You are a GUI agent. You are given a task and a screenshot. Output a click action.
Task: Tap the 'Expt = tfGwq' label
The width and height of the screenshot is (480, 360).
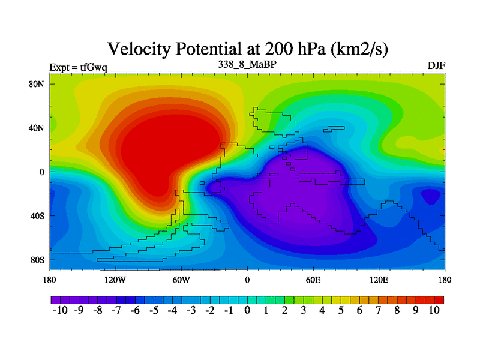[x=78, y=67]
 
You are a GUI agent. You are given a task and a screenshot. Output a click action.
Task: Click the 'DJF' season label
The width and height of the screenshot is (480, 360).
[x=436, y=65]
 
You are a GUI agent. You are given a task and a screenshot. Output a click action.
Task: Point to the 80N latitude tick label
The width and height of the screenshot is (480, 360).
[x=37, y=84]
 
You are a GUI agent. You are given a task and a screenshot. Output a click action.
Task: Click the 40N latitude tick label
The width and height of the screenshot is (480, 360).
[x=37, y=128]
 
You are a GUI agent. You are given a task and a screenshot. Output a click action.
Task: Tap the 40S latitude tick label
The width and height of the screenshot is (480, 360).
[x=37, y=215]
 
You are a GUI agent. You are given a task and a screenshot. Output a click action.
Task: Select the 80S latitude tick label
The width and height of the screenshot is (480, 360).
[x=37, y=260]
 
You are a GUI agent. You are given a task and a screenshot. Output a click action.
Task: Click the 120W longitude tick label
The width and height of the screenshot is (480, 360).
[x=115, y=280]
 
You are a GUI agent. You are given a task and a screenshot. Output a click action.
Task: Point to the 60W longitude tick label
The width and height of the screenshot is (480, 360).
[x=181, y=280]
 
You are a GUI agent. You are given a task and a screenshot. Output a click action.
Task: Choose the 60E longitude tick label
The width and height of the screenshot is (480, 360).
[x=313, y=280]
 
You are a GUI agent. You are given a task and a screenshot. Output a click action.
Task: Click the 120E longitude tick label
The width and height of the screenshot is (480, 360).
[x=379, y=280]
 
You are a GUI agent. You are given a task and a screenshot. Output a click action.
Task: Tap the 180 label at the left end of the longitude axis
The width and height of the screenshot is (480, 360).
[x=50, y=280]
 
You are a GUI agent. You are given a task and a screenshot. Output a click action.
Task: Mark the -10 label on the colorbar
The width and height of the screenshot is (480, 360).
[x=61, y=310]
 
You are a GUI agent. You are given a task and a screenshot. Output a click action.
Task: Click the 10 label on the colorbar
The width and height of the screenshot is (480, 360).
[x=434, y=310]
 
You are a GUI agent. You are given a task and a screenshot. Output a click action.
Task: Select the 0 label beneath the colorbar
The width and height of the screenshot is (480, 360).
[x=247, y=310]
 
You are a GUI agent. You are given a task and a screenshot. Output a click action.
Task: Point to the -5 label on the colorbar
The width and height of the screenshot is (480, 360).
[x=154, y=310]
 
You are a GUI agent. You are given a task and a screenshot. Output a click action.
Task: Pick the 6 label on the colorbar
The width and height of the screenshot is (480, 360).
[x=359, y=310]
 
